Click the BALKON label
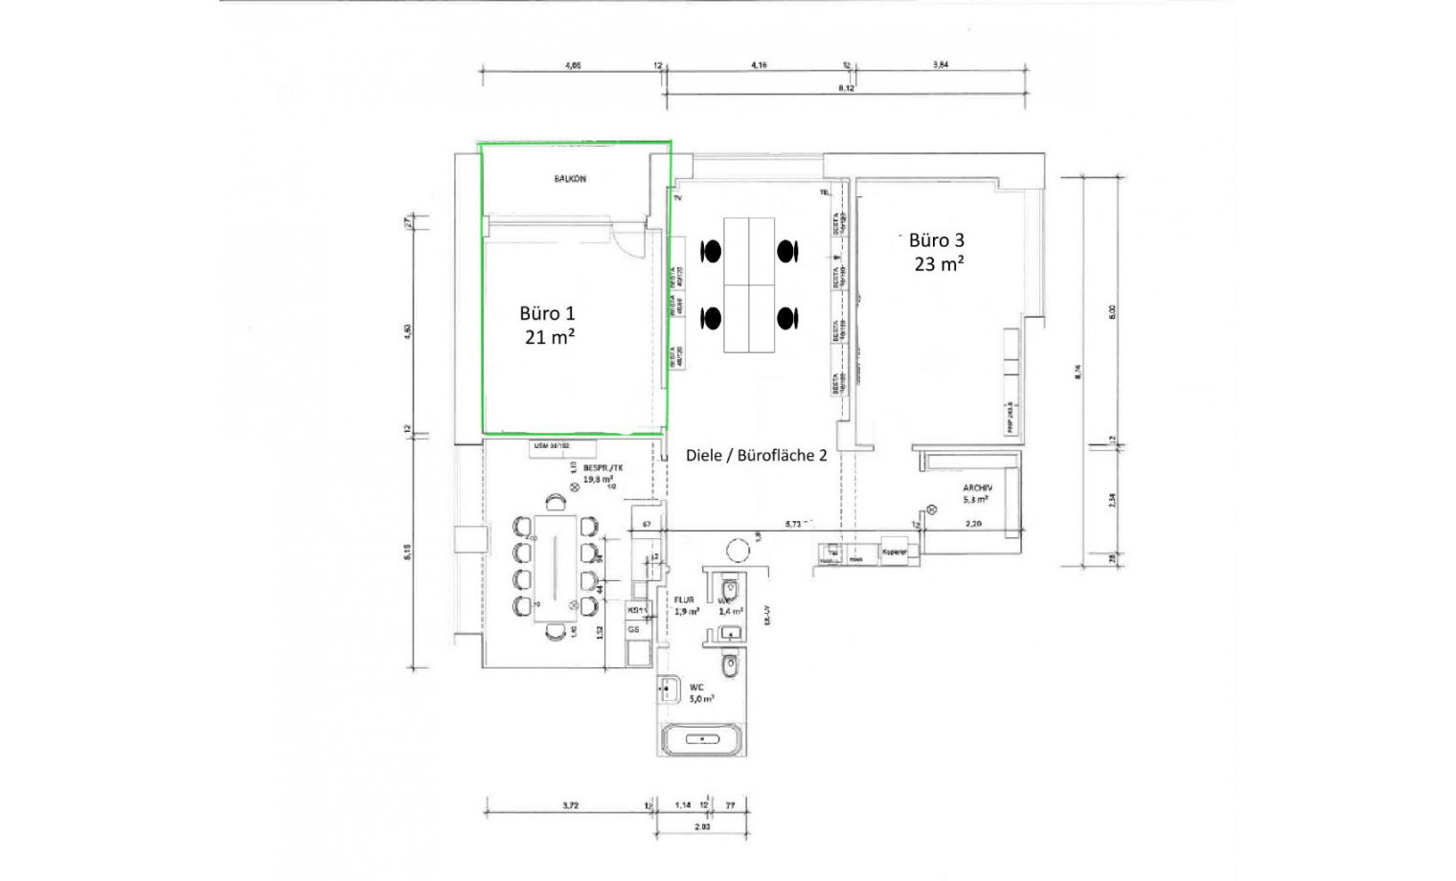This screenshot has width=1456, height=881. click(x=570, y=179)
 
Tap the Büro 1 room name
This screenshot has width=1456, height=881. click(x=547, y=313)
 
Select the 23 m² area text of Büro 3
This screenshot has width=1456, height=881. click(x=939, y=264)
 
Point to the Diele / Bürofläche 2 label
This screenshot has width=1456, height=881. click(x=756, y=456)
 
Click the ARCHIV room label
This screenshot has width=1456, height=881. click(x=977, y=487)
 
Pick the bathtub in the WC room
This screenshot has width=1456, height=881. click(x=703, y=739)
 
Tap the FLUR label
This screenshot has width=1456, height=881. click(x=684, y=600)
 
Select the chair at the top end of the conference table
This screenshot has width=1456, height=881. click(x=555, y=502)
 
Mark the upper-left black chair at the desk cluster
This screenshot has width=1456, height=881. click(x=711, y=251)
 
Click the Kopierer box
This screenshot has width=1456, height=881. click(x=895, y=553)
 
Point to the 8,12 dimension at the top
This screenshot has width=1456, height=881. click(x=846, y=88)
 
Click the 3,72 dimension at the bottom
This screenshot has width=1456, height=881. click(x=570, y=805)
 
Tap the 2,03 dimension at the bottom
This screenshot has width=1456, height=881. click(x=702, y=825)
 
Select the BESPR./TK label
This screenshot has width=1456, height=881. click(x=603, y=467)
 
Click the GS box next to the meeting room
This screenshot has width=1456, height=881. click(x=634, y=630)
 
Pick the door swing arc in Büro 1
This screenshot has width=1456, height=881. click(x=628, y=245)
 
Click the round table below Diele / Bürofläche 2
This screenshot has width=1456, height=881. click(x=738, y=551)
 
